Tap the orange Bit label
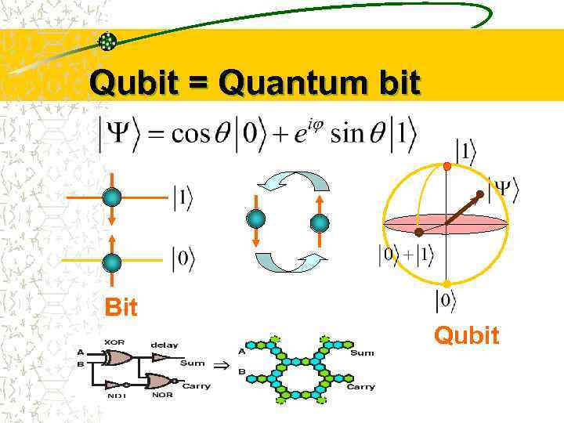121,308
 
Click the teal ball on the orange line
112,198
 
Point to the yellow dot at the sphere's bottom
446,284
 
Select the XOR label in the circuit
114,342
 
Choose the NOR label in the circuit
161,396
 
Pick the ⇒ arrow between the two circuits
222,365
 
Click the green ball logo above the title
107,41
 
